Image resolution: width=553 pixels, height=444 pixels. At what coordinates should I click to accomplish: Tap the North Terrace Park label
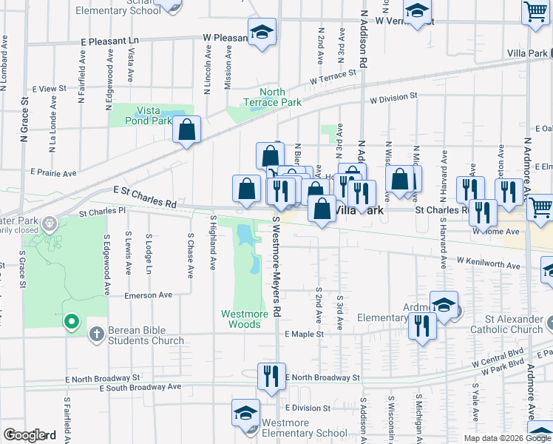point(273,97)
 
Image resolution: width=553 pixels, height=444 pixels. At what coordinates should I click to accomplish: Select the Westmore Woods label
point(245,319)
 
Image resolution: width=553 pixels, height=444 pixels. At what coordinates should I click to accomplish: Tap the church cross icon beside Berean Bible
point(95,334)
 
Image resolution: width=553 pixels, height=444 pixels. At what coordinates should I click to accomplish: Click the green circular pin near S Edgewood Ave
point(71,321)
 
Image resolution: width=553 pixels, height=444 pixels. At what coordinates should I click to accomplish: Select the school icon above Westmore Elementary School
point(245,412)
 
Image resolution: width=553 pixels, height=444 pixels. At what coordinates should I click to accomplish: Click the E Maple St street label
point(305,334)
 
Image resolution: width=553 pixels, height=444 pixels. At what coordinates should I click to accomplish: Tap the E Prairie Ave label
point(54,173)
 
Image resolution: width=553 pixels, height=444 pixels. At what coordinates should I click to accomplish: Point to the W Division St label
point(394,96)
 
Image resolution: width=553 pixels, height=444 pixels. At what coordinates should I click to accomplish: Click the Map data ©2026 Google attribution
point(506,437)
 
